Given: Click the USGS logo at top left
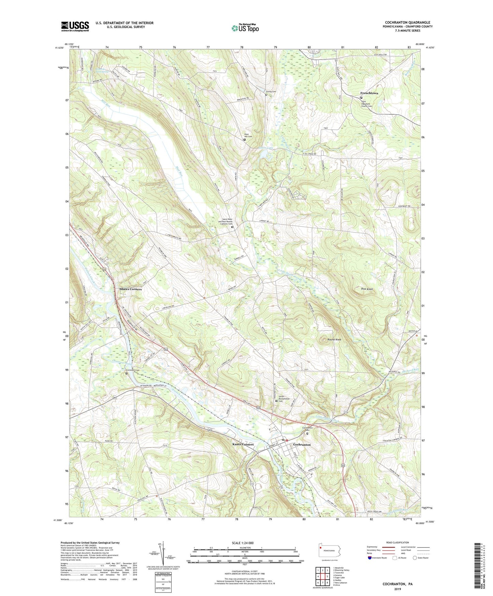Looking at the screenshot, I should click(x=75, y=26).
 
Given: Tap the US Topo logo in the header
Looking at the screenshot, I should click(x=245, y=28).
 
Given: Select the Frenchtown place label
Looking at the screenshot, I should click(x=369, y=93).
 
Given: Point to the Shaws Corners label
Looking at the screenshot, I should click(x=130, y=289).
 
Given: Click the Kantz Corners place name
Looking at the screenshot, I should click(x=243, y=444).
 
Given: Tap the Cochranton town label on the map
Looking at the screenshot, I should click(x=302, y=445).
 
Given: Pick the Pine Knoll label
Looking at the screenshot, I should click(x=367, y=289).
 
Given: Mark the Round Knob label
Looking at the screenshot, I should click(x=334, y=340).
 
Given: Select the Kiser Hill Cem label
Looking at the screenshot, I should click(x=248, y=135).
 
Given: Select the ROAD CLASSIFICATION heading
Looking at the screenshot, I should click(x=398, y=542).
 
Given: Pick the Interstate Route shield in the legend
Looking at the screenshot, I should click(x=370, y=558).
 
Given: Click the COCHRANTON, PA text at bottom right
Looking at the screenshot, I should click(x=397, y=584).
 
